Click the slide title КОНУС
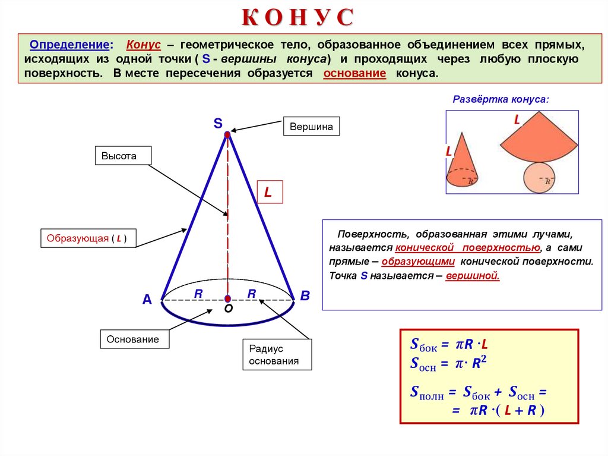(297, 18)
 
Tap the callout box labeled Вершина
(311, 126)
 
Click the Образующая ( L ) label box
(87, 238)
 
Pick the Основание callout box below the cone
(134, 339)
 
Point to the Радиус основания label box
(277, 355)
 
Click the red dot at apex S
(227, 136)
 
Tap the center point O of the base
(227, 298)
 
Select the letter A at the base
(147, 300)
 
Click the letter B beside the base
(305, 295)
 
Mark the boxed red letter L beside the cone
(269, 192)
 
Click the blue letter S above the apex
(218, 123)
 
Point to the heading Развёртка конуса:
(501, 99)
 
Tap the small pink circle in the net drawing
(540, 177)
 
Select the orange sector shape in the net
(538, 143)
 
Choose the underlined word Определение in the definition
(69, 46)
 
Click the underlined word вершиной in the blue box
(473, 276)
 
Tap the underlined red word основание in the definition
(354, 74)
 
